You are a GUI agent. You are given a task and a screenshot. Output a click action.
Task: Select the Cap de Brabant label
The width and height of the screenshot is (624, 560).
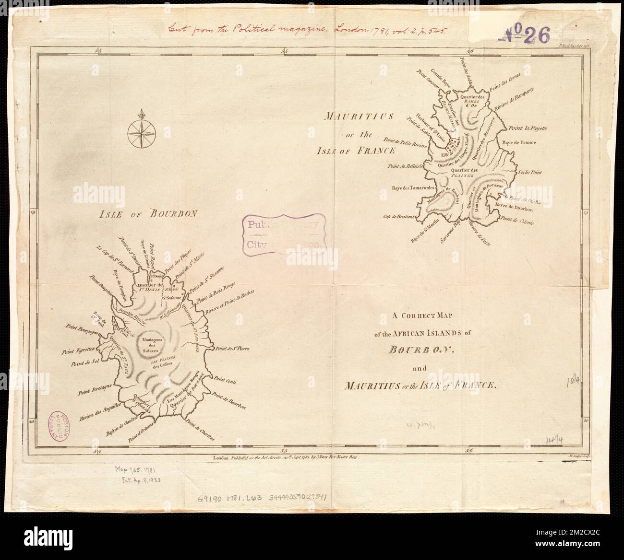(x=398, y=217)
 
